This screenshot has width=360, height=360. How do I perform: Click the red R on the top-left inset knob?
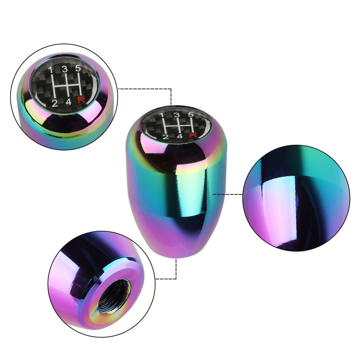[81, 100]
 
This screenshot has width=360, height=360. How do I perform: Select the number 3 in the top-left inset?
[65, 69]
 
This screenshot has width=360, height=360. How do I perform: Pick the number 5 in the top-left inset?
[78, 68]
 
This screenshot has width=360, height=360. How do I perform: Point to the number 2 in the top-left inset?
[55, 103]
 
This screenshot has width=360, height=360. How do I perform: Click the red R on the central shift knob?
[193, 135]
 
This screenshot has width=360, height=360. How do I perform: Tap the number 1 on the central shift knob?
[162, 115]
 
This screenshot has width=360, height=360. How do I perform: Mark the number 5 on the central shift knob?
[190, 114]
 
